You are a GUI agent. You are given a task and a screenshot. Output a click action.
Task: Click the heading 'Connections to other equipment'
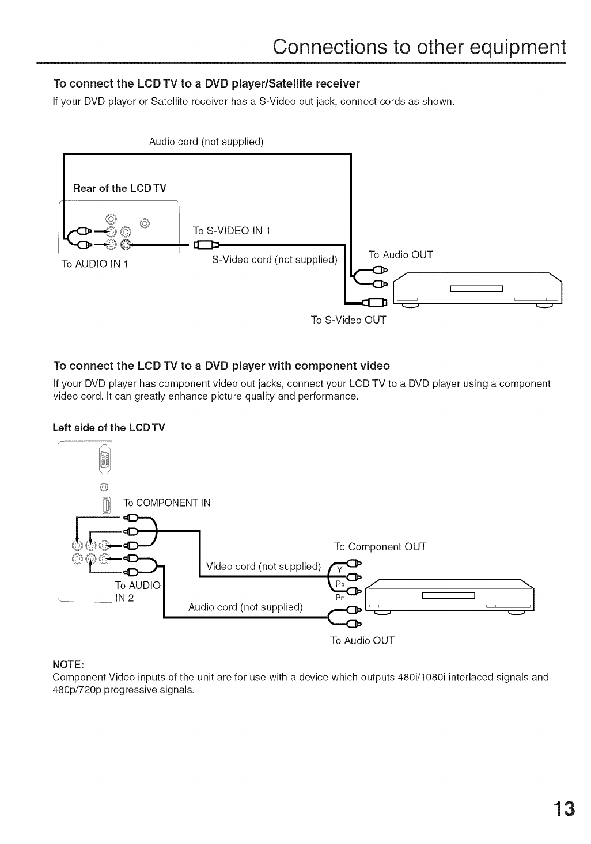(x=419, y=46)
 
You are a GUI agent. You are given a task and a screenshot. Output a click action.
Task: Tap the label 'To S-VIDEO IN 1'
(x=232, y=231)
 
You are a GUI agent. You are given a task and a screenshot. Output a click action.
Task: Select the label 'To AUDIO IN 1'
(x=94, y=264)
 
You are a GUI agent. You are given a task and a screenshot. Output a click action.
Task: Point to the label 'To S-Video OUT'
(x=348, y=320)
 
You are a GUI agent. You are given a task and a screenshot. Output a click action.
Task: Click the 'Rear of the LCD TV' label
(x=119, y=188)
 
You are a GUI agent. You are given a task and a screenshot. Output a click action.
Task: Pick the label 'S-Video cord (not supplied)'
(x=274, y=259)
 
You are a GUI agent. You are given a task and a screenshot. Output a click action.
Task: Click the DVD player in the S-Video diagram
(x=476, y=288)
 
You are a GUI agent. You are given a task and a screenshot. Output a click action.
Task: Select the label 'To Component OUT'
(x=380, y=546)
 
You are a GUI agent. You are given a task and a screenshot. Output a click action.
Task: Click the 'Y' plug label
(x=340, y=569)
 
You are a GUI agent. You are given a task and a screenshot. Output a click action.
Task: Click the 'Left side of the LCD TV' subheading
(x=108, y=427)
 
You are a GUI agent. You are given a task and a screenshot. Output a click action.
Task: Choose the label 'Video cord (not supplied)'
(x=263, y=566)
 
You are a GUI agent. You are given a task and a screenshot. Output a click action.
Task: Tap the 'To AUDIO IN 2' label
(x=137, y=591)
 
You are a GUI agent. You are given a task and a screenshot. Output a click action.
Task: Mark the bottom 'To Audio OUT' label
(x=362, y=640)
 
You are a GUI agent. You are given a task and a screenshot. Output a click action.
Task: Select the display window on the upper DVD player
(x=476, y=288)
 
